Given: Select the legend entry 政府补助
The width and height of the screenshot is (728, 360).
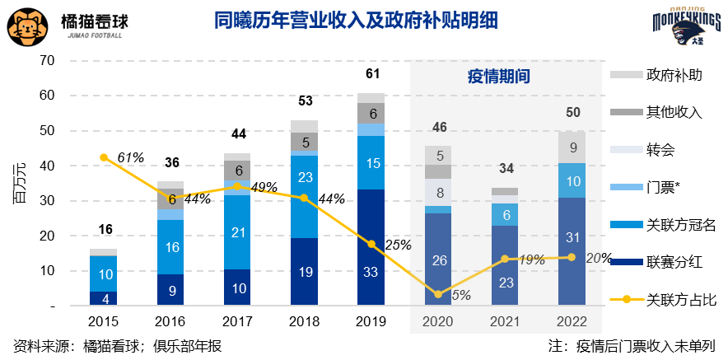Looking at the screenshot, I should pyautogui.click(x=662, y=75).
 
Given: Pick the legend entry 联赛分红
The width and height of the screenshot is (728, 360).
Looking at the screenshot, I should pyautogui.click(x=662, y=261).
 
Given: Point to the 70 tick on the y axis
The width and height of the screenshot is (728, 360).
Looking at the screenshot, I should pyautogui.click(x=46, y=61).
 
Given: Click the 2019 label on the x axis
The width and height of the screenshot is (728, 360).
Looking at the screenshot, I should pyautogui.click(x=371, y=321).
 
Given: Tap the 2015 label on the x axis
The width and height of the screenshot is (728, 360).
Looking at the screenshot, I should pyautogui.click(x=104, y=321).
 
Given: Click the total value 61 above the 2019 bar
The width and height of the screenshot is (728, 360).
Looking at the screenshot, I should pyautogui.click(x=372, y=75).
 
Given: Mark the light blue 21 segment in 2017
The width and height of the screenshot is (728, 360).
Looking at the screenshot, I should pyautogui.click(x=237, y=232).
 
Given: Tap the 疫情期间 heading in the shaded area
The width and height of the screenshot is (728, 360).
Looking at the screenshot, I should pyautogui.click(x=493, y=77).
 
